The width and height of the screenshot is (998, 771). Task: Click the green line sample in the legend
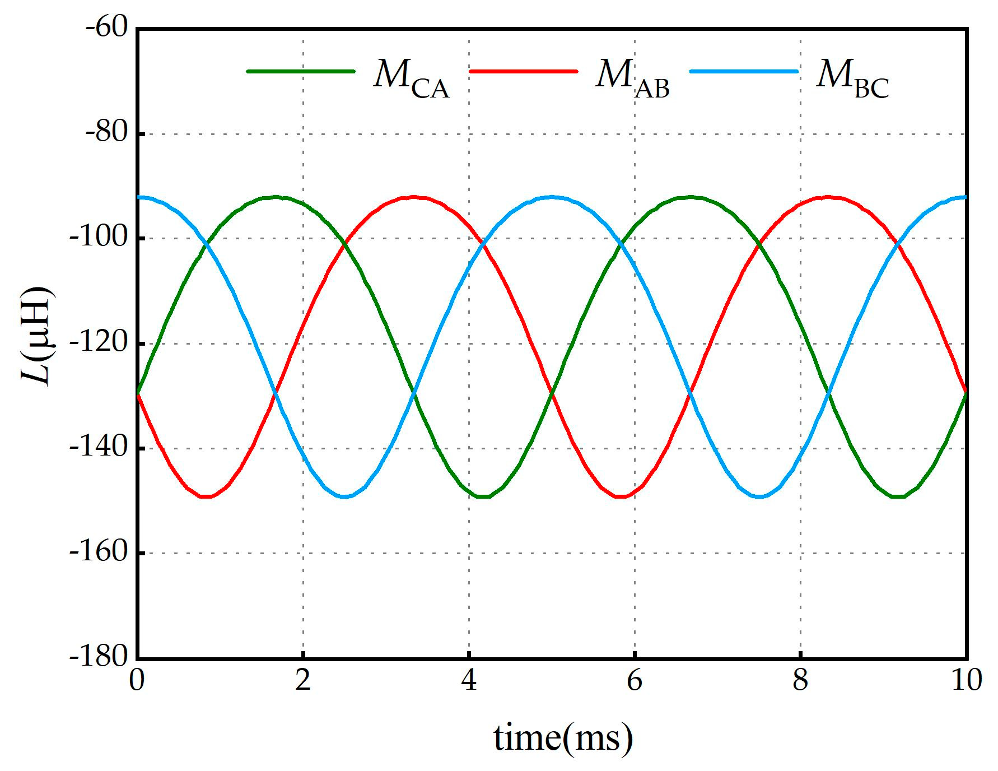(301, 72)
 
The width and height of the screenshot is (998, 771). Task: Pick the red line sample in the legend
(523, 72)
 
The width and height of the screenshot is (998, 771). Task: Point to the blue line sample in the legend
(744, 72)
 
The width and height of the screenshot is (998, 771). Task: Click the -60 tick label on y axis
(106, 28)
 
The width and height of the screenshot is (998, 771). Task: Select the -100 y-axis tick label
(100, 238)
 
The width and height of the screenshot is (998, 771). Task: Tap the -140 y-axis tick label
(100, 448)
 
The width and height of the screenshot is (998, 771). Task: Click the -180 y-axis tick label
(100, 657)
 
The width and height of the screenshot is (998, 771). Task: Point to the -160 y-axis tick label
(100, 552)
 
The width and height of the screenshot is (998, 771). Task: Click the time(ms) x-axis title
(563, 738)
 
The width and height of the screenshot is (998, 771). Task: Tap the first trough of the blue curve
(344, 496)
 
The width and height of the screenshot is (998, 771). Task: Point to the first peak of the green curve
(276, 197)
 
